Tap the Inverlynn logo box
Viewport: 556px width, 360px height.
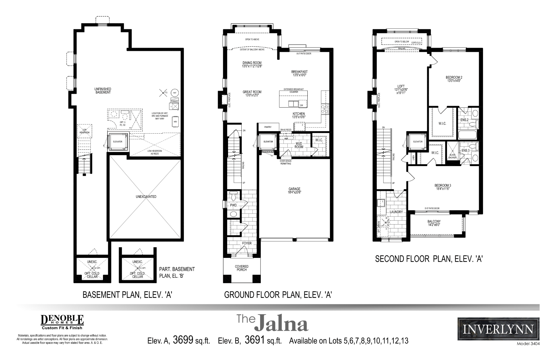[x=498, y=329]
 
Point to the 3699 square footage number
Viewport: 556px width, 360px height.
[x=183, y=340]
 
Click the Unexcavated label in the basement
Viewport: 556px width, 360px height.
[x=146, y=197]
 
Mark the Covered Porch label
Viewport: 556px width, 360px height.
[x=241, y=268]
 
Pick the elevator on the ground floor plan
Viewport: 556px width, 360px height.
[x=268, y=142]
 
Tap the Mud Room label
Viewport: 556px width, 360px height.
[x=299, y=145]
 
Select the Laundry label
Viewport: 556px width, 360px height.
[x=396, y=212]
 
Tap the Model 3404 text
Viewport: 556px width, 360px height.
[x=528, y=344]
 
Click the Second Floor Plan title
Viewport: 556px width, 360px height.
[x=429, y=259]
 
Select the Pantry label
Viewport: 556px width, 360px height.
[x=268, y=127]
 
